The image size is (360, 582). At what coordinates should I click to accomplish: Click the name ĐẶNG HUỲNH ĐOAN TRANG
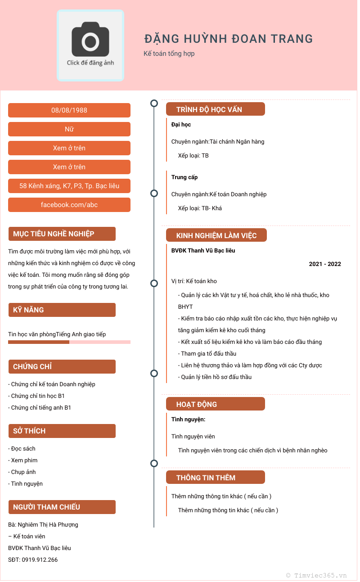[229, 39]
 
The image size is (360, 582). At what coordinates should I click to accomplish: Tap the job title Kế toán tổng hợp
[169, 54]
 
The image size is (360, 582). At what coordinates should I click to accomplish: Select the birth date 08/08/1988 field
[69, 110]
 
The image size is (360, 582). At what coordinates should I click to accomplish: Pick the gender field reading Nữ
[69, 129]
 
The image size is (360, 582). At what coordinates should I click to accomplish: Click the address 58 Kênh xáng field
[69, 186]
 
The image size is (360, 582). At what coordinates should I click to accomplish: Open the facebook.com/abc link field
[69, 205]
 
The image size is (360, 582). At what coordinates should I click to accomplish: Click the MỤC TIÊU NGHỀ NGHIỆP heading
[54, 234]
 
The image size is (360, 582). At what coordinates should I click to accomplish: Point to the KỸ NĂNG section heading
[29, 310]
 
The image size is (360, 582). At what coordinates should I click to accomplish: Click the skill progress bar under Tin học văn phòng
[69, 342]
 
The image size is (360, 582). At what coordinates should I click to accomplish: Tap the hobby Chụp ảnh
[23, 472]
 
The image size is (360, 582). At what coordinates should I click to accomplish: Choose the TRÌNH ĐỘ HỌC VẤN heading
[209, 109]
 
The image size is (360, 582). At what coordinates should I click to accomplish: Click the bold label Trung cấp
[184, 177]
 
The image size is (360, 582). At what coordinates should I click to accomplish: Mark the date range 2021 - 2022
[325, 264]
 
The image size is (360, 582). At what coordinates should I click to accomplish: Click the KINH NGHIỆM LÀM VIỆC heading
[216, 235]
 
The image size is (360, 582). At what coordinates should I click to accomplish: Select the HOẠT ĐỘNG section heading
[197, 404]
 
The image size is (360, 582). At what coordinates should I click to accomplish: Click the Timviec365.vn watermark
[317, 575]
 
